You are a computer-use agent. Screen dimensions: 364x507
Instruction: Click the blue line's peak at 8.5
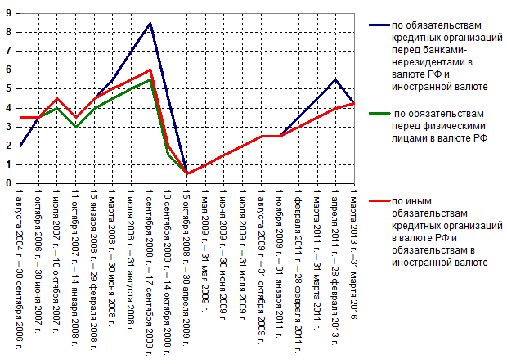tap(150, 23)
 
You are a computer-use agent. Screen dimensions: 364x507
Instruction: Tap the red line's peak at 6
tap(150, 70)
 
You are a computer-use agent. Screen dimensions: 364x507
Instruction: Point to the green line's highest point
tap(150, 79)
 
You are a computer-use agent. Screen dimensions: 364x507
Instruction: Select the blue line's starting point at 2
tap(20, 146)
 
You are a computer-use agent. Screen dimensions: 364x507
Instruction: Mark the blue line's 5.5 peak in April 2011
tap(335, 79)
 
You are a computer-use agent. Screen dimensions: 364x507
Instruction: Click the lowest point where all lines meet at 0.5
tap(186, 173)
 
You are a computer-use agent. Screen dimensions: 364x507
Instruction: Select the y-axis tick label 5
tap(8, 89)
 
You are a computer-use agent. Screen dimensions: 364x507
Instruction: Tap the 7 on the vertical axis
tap(8, 51)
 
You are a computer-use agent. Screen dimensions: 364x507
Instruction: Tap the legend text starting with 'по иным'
tap(440, 231)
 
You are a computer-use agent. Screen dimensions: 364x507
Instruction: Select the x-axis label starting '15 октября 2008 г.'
tap(186, 254)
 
